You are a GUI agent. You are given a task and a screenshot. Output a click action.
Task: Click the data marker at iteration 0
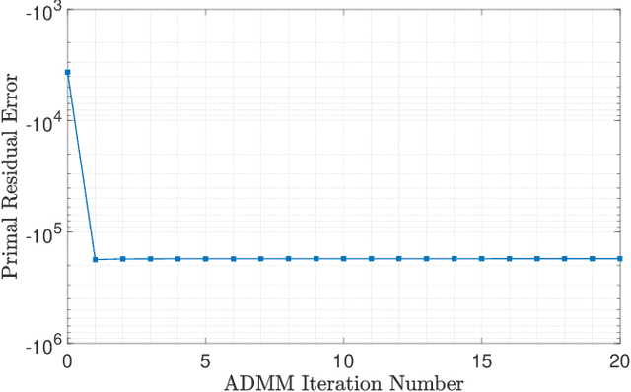pos(67,73)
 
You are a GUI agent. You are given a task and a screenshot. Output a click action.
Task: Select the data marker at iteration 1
pos(95,260)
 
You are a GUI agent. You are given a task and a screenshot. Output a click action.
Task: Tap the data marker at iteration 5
pos(205,259)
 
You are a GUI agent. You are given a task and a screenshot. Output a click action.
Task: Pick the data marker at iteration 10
pos(343,259)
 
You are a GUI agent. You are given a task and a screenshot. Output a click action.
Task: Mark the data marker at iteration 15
pos(481,259)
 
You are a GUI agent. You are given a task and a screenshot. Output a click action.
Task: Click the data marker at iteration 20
pos(619,259)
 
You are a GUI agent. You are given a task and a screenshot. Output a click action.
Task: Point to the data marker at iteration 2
pos(122,259)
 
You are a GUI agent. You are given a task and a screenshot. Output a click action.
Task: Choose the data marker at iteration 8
pos(288,259)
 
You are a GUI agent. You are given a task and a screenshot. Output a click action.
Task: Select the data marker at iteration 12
pos(398,259)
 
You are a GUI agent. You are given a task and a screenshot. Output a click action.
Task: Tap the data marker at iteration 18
pos(564,259)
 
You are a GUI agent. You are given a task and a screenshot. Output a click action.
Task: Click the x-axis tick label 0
pos(67,360)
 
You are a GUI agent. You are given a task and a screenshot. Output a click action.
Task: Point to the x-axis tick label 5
pos(205,360)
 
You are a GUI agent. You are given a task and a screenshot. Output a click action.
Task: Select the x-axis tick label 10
pos(343,360)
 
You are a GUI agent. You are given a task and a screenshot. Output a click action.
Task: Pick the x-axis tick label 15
pos(481,360)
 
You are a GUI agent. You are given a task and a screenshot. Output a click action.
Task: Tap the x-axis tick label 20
pos(617,360)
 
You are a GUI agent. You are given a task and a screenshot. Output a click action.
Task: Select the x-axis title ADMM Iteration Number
pos(343,381)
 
